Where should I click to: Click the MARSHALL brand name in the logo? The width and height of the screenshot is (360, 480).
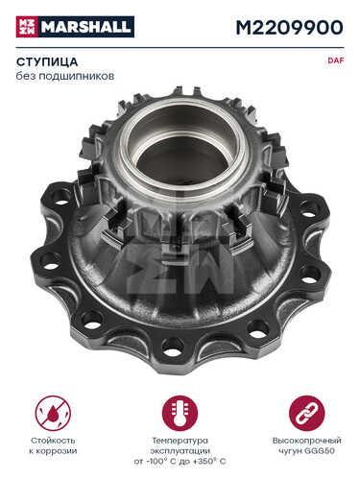point(86,27)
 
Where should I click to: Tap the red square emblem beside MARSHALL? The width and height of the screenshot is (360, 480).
point(27,27)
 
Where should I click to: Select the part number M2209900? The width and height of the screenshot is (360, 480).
point(289,28)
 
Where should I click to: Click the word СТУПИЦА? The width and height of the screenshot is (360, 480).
point(47,61)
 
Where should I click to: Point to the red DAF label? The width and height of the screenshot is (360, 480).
point(336,60)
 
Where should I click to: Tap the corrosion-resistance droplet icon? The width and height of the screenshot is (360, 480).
point(53,413)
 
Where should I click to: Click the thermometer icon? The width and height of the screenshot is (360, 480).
point(180,413)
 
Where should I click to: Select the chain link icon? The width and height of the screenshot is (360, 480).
point(306,413)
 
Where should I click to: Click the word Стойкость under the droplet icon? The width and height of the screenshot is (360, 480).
point(53,441)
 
